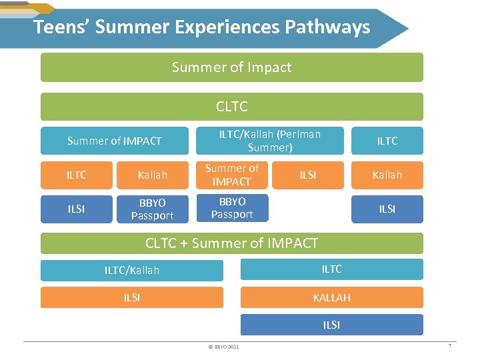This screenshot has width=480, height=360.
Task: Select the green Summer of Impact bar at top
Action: click(231, 67)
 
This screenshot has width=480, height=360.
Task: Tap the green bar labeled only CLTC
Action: click(231, 107)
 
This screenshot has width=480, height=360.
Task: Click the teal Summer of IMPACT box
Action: click(115, 141)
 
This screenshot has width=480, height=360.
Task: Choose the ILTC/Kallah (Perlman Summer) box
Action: click(269, 141)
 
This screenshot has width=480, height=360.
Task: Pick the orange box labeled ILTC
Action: click(77, 175)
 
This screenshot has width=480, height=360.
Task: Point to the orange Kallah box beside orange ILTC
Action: click(153, 175)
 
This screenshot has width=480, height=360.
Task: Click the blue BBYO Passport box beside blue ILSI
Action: click(153, 209)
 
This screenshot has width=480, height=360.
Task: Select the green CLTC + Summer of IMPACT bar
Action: click(231, 243)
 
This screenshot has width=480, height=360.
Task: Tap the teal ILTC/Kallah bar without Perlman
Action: click(132, 270)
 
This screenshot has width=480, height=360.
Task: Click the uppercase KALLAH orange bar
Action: click(331, 297)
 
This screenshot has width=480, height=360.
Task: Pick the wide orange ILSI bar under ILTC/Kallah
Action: click(132, 297)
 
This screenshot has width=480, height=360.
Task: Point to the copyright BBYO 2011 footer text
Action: click(224, 347)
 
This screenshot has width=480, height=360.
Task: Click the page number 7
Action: click(450, 345)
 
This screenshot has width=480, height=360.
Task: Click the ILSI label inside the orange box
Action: click(308, 175)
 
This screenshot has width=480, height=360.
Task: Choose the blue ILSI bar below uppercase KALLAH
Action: click(331, 325)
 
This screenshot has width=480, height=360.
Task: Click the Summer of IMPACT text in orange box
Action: click(231, 175)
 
